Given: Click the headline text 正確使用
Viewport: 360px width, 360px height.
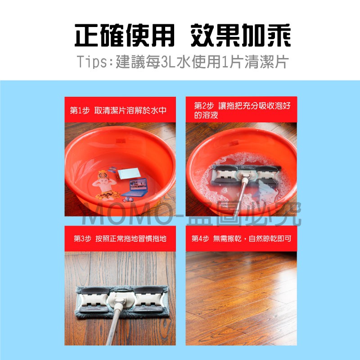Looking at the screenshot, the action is tap(125, 36).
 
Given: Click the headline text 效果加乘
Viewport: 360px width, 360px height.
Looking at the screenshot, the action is tap(241, 36).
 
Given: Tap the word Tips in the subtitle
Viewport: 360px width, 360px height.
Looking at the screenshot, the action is tap(92, 62).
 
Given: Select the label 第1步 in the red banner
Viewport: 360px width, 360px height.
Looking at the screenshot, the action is tap(80, 110).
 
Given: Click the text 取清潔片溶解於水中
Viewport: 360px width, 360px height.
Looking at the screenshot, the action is tap(130, 110).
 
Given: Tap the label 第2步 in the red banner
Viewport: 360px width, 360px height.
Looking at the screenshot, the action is tap(204, 106).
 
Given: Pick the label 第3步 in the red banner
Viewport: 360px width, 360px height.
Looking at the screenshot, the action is tap(83, 239).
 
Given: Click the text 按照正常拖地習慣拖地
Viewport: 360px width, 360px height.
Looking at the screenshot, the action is tap(131, 239).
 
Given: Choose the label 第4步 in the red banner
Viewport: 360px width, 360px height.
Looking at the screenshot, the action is tap(200, 239).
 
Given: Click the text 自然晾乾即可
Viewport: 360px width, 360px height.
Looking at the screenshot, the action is tap(270, 239).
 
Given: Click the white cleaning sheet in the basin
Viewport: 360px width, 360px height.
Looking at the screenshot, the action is tap(129, 173).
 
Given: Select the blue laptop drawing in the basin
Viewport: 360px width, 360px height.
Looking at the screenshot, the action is tap(135, 187).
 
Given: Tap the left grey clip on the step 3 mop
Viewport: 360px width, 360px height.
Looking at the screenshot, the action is tap(94, 300).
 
